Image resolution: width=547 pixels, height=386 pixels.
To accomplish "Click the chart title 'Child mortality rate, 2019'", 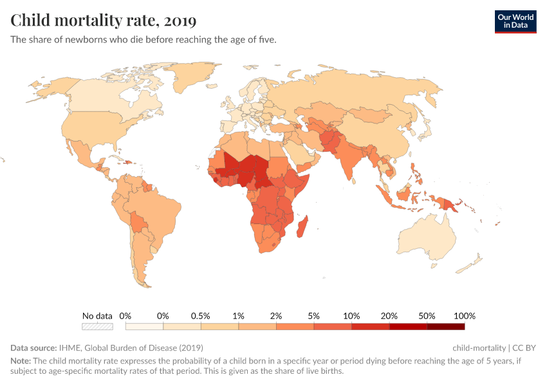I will (x=104, y=21).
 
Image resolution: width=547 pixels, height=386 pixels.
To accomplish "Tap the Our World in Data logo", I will (x=515, y=21).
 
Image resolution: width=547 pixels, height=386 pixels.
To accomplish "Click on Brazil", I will (x=157, y=209).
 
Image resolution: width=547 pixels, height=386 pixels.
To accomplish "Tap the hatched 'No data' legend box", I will (x=97, y=327).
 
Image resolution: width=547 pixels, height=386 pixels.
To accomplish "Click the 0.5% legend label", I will (x=201, y=316).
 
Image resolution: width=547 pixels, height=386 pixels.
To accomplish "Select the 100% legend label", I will (x=464, y=316).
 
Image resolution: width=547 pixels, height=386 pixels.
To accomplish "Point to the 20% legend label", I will (x=389, y=316).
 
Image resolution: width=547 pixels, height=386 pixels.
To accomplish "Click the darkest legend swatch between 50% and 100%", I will (x=445, y=327).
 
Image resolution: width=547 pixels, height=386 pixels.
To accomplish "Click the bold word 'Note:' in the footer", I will (x=21, y=361).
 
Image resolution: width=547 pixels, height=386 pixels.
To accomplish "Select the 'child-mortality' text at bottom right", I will (x=479, y=347).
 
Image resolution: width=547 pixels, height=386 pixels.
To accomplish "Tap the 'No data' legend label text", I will (x=97, y=316).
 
